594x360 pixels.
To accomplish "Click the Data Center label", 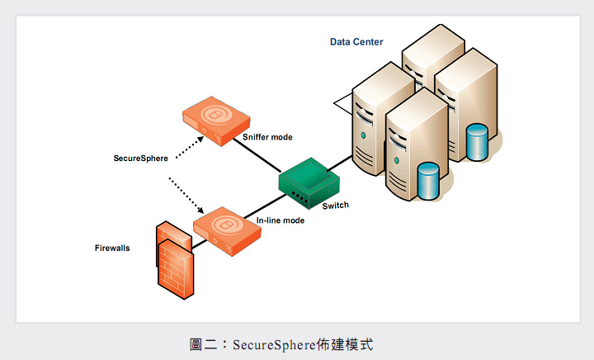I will [x=356, y=42].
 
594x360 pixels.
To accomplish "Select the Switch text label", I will [x=335, y=205].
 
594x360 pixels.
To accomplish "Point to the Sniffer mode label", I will [x=267, y=136].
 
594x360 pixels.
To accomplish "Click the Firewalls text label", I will [x=112, y=247].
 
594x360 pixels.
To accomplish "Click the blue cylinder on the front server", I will [x=427, y=181].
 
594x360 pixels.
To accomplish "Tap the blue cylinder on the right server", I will [x=477, y=142].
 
